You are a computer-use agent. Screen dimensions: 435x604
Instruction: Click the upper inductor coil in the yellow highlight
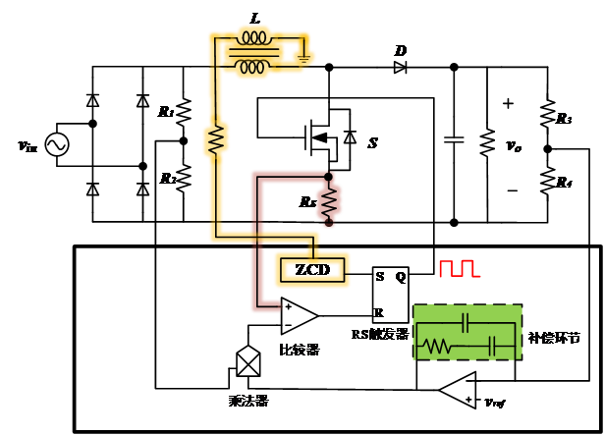coord(254,38)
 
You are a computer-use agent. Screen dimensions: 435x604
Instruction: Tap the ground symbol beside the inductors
coord(304,57)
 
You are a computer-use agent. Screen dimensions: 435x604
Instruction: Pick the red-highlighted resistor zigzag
coord(329,202)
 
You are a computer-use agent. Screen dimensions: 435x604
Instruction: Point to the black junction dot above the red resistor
coord(328,176)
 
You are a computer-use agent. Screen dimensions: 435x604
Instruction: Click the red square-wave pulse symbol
coord(458,268)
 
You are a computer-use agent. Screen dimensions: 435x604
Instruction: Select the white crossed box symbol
coord(248,362)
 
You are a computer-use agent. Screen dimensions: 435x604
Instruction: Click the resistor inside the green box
coord(437,346)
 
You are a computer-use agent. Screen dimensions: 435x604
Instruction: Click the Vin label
coord(27,147)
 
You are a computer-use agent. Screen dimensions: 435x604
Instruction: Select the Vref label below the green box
coord(496,403)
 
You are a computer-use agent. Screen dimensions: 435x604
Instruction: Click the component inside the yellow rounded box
coord(311,269)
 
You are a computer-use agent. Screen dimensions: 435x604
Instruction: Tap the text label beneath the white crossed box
coord(247,401)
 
